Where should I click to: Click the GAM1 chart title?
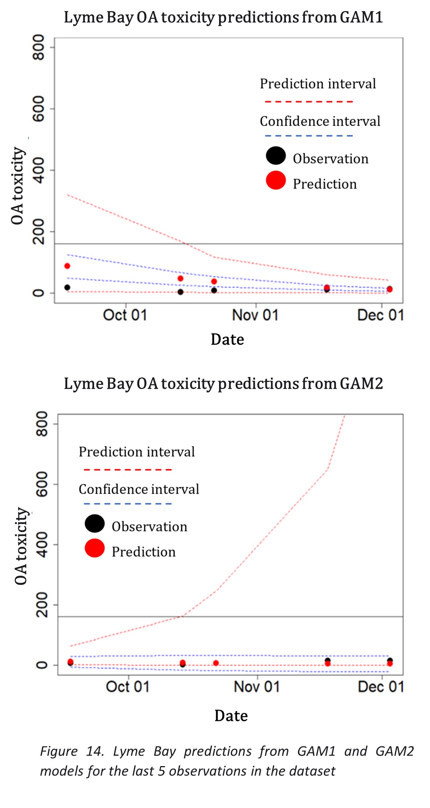pyautogui.click(x=223, y=17)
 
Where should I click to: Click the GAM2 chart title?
pyautogui.click(x=223, y=384)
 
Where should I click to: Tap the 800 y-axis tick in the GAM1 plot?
pyautogui.click(x=39, y=47)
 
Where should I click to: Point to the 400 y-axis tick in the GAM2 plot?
pyautogui.click(x=42, y=544)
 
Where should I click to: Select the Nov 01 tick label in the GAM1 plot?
pyautogui.click(x=255, y=315)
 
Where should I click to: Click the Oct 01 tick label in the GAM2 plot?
pyautogui.click(x=128, y=687)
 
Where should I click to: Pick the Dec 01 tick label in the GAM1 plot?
pyautogui.click(x=381, y=315)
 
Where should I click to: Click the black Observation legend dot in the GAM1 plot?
pyautogui.click(x=276, y=155)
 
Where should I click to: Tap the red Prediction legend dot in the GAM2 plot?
pyautogui.click(x=94, y=548)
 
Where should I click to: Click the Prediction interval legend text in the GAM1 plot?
pyautogui.click(x=318, y=84)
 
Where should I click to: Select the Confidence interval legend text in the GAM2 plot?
pyautogui.click(x=139, y=489)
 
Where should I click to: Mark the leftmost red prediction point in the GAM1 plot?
pyautogui.click(x=67, y=266)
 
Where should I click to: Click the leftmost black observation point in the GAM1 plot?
pyautogui.click(x=67, y=287)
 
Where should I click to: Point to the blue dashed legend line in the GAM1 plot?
pyautogui.click(x=309, y=136)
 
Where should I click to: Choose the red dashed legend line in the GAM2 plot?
pyautogui.click(x=128, y=470)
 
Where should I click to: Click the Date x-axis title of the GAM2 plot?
pyautogui.click(x=231, y=716)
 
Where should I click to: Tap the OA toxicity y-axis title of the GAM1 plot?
pyautogui.click(x=17, y=186)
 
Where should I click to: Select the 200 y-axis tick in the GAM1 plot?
pyautogui.click(x=39, y=231)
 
